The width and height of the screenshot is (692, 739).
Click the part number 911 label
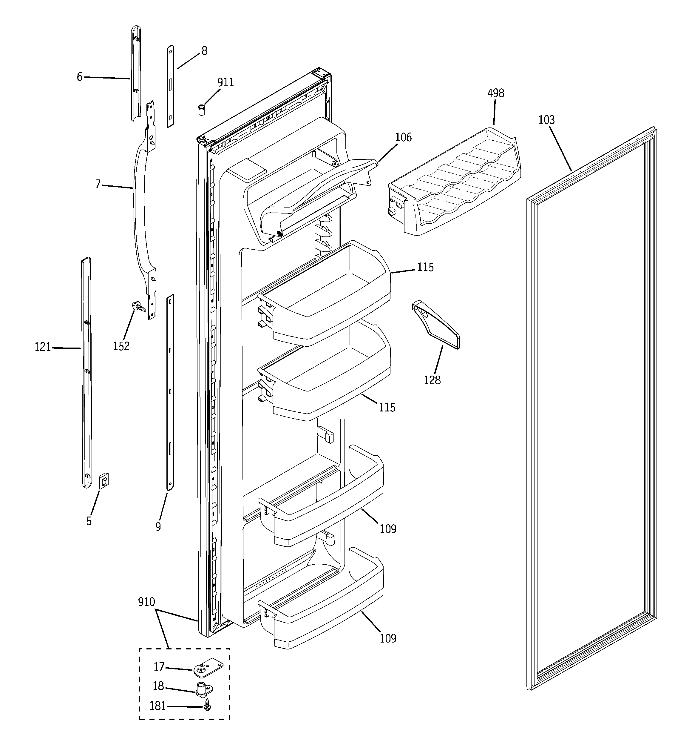tap(225, 82)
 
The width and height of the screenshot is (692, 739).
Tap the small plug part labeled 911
tap(201, 110)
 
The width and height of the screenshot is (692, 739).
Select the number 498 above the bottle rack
tap(495, 93)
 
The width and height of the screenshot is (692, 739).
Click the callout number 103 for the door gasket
tap(546, 120)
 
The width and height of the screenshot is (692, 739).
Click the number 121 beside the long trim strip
tap(43, 347)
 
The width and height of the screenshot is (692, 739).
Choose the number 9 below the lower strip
tap(158, 527)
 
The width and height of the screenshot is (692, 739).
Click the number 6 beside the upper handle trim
tap(79, 77)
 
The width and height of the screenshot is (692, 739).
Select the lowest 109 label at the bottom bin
tap(388, 639)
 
